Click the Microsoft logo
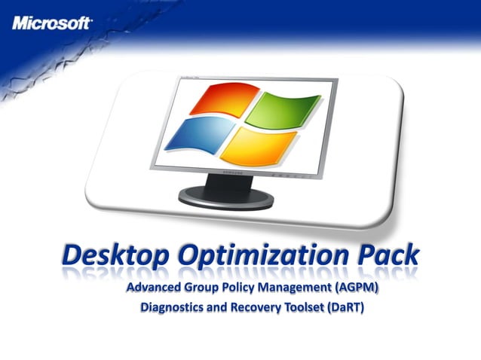pyautogui.click(x=51, y=23)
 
